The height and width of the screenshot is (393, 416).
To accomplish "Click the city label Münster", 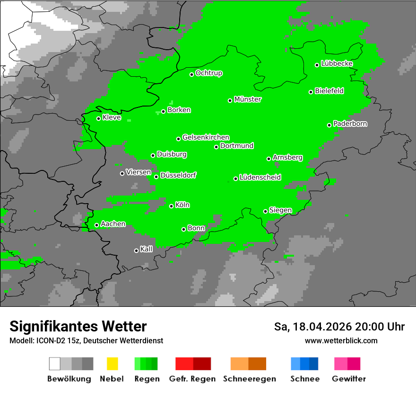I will (248, 99).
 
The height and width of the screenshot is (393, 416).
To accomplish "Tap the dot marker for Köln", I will (172, 206).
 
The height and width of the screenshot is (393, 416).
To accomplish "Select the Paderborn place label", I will (350, 124).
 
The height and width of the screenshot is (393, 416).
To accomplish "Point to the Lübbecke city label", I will (337, 63).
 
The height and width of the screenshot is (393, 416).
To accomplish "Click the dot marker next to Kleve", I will (99, 118).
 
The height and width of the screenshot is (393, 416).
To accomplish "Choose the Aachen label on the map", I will (113, 223).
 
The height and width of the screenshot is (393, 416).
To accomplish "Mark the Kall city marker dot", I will (137, 250).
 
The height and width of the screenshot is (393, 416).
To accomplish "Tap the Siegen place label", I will (280, 210).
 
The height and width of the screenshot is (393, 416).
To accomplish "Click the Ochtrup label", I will (209, 73).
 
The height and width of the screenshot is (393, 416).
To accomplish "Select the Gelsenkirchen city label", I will (206, 137).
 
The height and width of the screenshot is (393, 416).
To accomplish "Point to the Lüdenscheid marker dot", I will (235, 179).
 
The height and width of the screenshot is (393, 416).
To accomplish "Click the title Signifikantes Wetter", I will (78, 326).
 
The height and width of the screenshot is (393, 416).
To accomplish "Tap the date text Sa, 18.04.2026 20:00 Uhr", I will (339, 327).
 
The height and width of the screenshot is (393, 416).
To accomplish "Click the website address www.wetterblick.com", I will (341, 340).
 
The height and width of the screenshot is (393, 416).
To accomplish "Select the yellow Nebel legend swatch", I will (112, 364).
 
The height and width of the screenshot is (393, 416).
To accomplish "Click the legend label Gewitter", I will (348, 379).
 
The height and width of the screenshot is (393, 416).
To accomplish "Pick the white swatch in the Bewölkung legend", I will (55, 364).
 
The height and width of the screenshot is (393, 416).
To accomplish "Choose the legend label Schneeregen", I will (249, 379).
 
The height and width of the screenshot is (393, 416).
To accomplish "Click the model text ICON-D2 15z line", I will (86, 340).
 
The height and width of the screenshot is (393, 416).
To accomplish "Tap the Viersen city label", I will (139, 172).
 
